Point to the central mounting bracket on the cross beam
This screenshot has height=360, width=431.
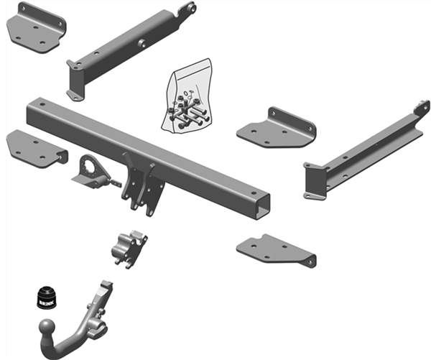(x=142, y=183)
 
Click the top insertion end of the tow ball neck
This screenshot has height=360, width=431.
(x=106, y=285)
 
